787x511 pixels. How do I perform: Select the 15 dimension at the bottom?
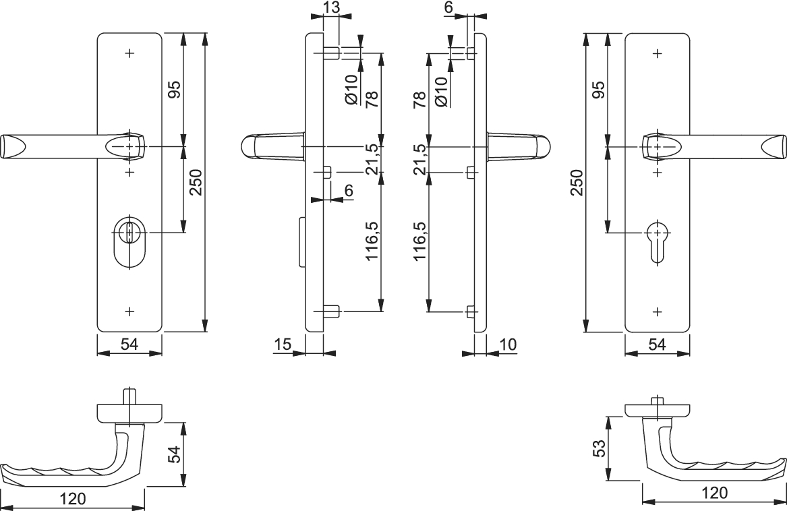point(283,345)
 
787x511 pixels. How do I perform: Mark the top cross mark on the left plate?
point(129,52)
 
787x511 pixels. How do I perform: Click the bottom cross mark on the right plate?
point(658,311)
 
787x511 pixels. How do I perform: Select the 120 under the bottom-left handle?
point(72,499)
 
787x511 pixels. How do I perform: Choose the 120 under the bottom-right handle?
point(715,493)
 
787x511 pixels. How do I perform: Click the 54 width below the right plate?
point(657,344)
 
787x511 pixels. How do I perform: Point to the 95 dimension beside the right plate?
point(598,89)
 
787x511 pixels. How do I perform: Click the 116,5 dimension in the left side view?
point(371,241)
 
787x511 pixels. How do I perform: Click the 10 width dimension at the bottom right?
point(508,344)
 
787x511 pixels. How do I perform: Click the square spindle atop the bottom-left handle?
point(128,396)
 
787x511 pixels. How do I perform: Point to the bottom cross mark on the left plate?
point(129,311)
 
